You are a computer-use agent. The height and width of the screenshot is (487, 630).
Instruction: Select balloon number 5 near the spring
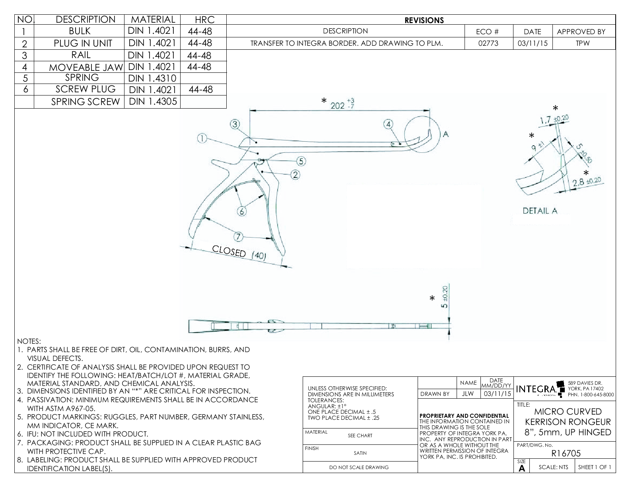(x=301, y=161)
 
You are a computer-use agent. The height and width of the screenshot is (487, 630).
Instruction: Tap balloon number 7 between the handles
(x=238, y=237)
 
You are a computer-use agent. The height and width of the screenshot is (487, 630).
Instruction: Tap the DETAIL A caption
(x=540, y=211)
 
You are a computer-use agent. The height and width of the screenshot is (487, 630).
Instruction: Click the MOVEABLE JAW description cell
(x=86, y=67)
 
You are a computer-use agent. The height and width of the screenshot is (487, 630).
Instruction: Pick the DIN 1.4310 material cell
(x=152, y=78)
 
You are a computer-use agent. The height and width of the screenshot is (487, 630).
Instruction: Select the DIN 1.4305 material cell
(x=152, y=101)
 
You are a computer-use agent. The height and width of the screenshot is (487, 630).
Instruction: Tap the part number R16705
(x=566, y=453)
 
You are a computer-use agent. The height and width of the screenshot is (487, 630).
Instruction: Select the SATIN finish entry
(x=360, y=453)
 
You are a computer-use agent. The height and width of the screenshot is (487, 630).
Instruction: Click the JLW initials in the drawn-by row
(x=468, y=394)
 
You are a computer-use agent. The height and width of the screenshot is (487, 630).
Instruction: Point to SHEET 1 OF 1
(x=595, y=467)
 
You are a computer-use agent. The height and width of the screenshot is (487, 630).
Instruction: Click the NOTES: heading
(x=29, y=341)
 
